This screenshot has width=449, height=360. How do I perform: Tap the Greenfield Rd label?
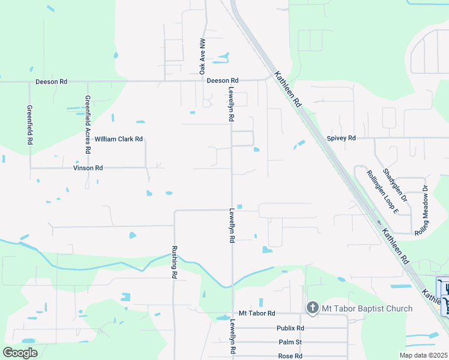tap(29, 125)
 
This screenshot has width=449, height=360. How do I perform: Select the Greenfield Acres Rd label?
tap(88, 125)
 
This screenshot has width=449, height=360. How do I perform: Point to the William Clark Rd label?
tap(118, 139)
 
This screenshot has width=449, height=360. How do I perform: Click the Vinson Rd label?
tap(88, 168)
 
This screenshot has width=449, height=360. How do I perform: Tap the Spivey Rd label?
tap(341, 138)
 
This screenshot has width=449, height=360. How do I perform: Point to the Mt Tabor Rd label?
tap(256, 313)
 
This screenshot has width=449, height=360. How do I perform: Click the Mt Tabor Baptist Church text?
tap(367, 308)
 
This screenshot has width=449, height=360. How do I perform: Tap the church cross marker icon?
tap(312, 308)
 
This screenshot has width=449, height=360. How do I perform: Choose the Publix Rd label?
tap(291, 328)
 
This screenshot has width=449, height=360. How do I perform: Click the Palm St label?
tap(291, 342)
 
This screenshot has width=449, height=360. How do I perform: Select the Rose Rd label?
tap(291, 356)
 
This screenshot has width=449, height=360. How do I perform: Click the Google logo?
tap(20, 353)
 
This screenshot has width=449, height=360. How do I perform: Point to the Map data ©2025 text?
tap(423, 355)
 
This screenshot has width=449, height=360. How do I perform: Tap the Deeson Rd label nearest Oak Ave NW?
tap(222, 80)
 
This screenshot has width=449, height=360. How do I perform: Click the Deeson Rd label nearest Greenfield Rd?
tap(52, 81)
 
